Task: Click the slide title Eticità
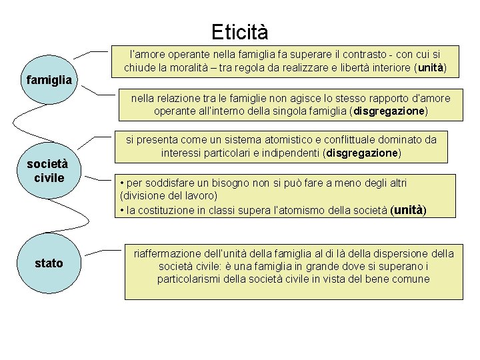tap(239, 31)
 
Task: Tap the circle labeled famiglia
tap(49, 80)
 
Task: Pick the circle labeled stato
tap(49, 263)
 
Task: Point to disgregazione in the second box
tap(390, 111)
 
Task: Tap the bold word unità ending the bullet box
tap(407, 210)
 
